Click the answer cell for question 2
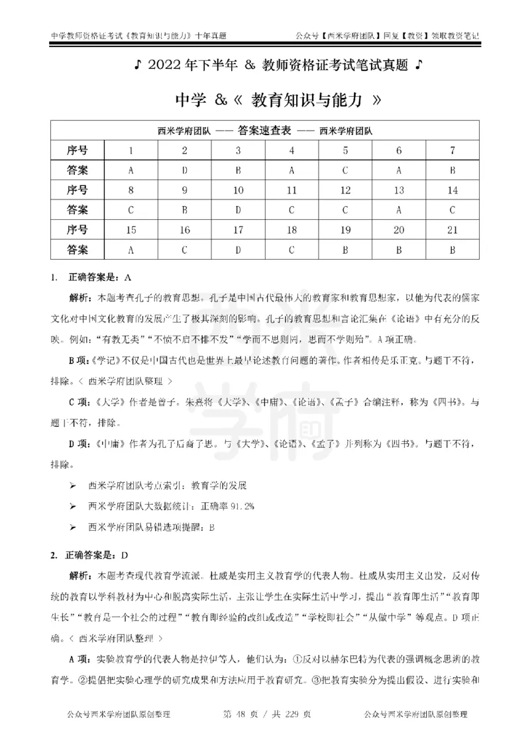185,170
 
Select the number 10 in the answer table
238,190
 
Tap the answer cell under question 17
238,250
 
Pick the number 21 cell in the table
452,230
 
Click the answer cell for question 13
398,210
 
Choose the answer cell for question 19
345,250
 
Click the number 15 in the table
131,230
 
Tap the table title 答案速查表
265,131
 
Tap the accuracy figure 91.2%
231,506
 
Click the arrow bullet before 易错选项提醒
73,527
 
